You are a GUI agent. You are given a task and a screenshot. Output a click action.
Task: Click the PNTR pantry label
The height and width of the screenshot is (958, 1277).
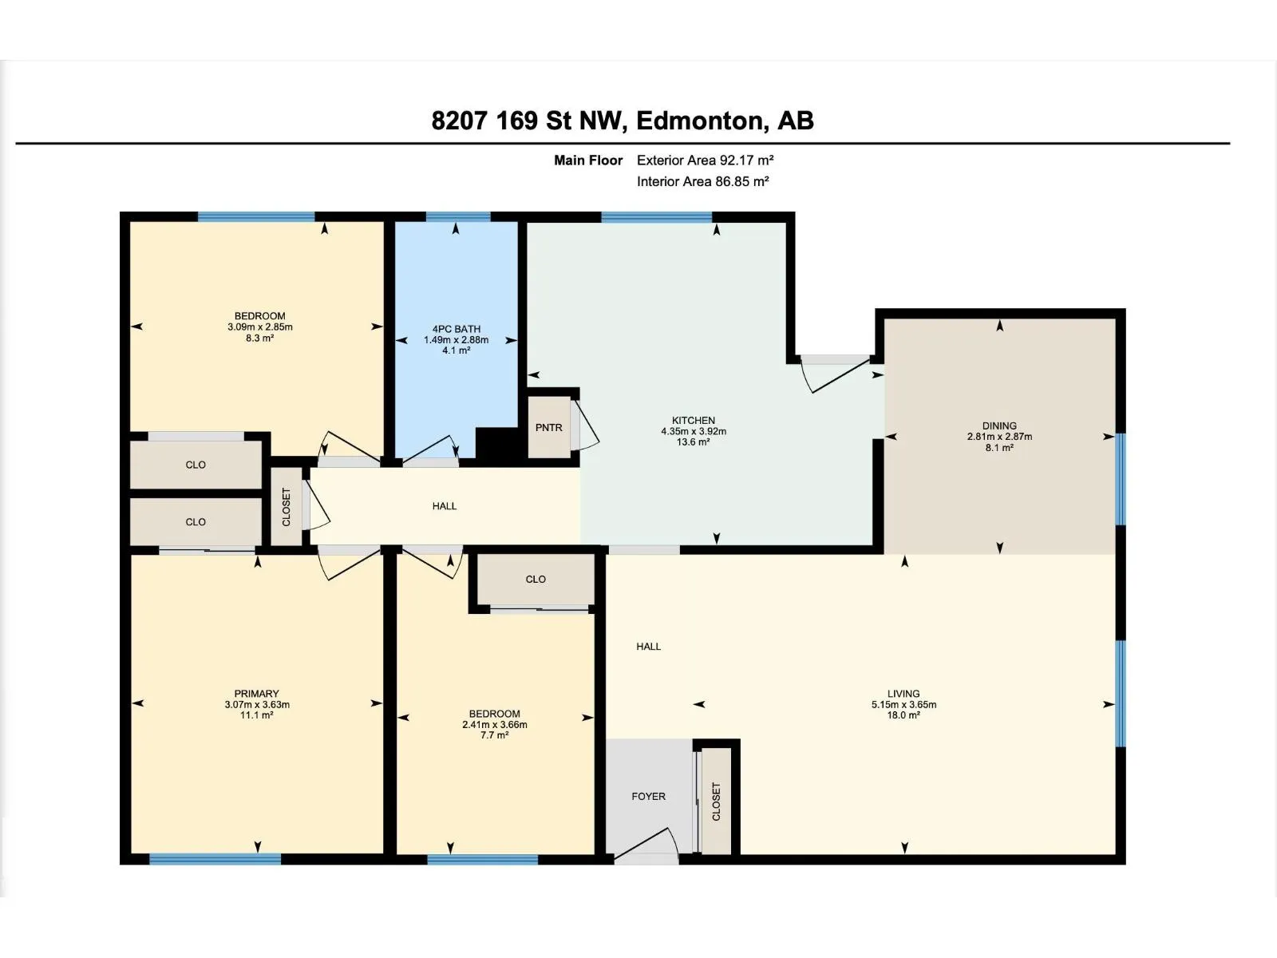[548, 428]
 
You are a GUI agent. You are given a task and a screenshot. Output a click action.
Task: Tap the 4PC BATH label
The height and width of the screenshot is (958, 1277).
[456, 329]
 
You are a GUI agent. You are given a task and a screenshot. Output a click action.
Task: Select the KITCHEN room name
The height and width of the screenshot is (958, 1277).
[693, 420]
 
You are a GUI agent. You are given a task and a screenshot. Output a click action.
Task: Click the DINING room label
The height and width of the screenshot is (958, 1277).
[999, 426]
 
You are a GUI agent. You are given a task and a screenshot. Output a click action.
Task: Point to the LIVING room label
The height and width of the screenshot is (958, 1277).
[903, 694]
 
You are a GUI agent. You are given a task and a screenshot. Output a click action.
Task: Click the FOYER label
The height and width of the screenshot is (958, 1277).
[648, 796]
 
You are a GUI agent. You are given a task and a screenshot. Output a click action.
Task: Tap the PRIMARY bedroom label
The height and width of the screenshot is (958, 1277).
[256, 694]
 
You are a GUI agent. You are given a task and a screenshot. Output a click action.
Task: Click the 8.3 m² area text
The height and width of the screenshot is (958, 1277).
[259, 338]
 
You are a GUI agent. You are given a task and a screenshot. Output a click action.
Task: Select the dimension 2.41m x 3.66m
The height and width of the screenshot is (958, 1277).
[494, 725]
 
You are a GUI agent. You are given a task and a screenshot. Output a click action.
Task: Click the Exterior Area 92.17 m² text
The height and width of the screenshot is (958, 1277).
[705, 160]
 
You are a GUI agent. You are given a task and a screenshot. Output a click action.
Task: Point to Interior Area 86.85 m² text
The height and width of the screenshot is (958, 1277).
[702, 181]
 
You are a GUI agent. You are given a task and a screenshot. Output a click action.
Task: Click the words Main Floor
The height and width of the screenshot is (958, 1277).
[588, 160]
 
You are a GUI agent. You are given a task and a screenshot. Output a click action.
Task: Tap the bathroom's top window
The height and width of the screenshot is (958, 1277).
[457, 216]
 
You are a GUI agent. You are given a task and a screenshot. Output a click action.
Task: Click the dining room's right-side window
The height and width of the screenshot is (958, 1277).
[1120, 479]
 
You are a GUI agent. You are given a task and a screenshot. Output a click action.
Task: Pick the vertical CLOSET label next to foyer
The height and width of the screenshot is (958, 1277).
[716, 801]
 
